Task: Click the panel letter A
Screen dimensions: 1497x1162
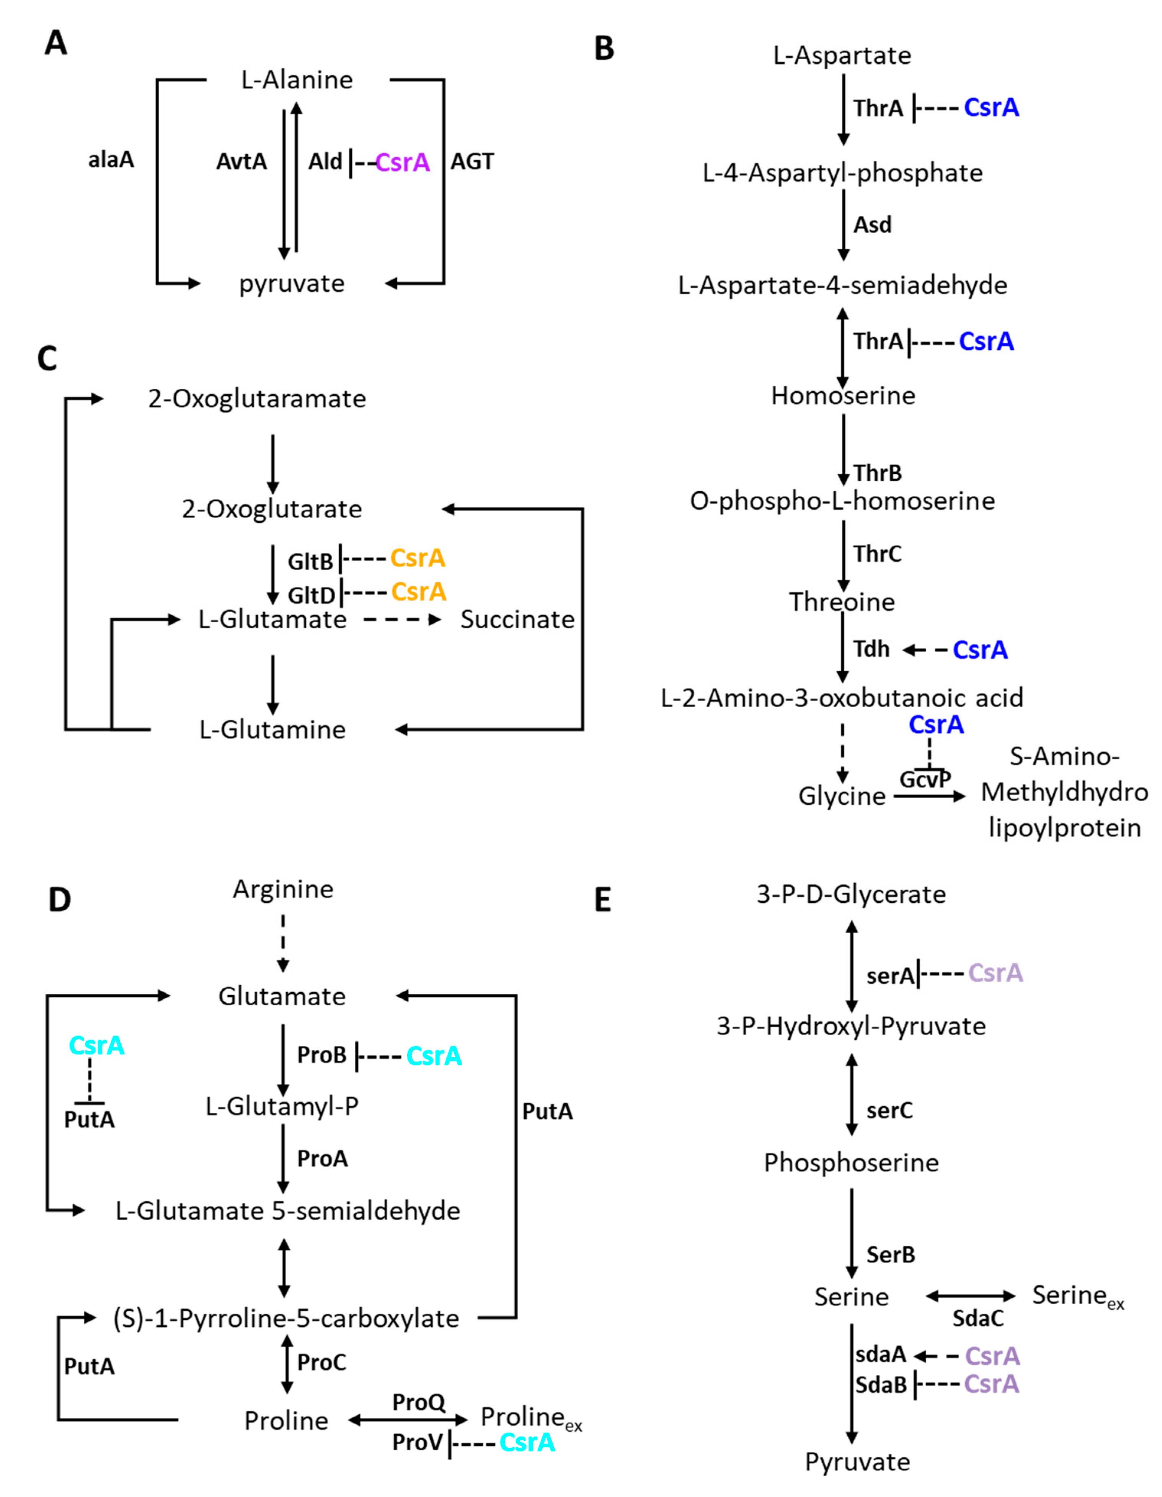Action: point(55,42)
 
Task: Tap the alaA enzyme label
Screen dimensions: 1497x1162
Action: point(111,160)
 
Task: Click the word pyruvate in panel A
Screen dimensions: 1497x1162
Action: point(292,283)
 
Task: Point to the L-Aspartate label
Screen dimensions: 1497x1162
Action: point(842,55)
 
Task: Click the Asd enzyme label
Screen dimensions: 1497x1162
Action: point(872,225)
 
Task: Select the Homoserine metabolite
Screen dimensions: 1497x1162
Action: point(842,396)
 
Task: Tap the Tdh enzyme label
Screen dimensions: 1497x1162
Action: point(871,648)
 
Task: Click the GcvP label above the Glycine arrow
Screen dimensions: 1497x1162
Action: point(925,779)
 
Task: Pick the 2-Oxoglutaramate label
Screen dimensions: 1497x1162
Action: point(257,398)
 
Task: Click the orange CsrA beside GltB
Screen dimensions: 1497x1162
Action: point(418,558)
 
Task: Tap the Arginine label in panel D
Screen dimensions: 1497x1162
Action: point(283,889)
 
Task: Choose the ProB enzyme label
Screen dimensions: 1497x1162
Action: point(322,1055)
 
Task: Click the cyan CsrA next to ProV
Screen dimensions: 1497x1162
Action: point(527,1442)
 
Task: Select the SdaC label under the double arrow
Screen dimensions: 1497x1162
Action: point(978,1318)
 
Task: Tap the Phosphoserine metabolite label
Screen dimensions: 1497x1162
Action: point(851,1163)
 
